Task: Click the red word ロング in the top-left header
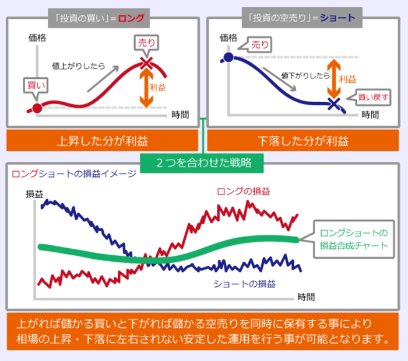(x=131, y=18)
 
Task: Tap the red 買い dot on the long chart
(x=37, y=108)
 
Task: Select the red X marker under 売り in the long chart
(x=146, y=61)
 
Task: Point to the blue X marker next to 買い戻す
(x=333, y=104)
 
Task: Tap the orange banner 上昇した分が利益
(x=102, y=141)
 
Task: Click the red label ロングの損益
(x=243, y=192)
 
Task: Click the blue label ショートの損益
(x=245, y=284)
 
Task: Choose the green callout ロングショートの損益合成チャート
(x=353, y=238)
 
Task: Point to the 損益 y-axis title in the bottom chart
(x=34, y=193)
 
